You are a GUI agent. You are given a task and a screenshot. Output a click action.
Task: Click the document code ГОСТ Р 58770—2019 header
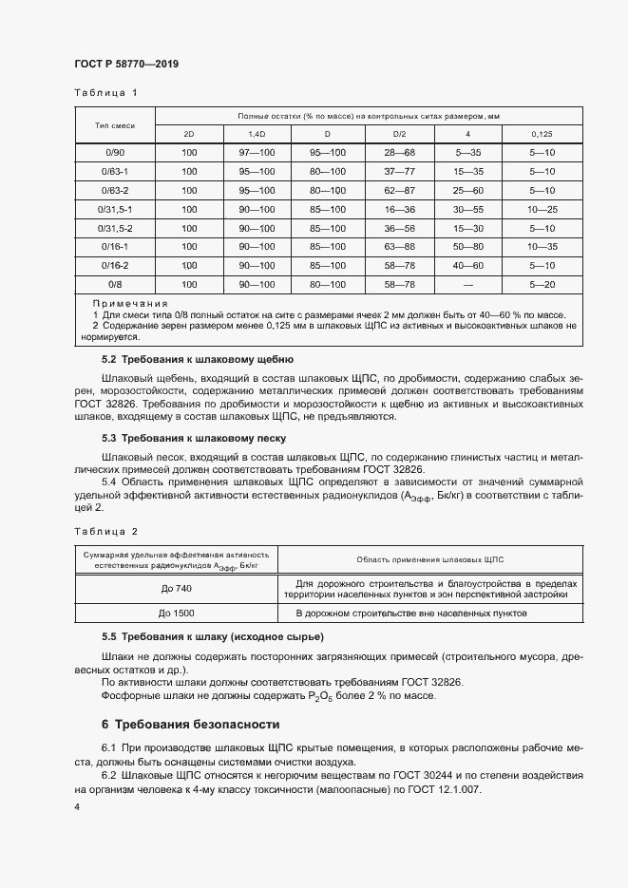(x=126, y=64)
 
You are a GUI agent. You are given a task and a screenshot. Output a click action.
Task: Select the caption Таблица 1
(x=105, y=93)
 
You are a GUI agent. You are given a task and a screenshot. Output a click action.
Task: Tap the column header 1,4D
(x=257, y=134)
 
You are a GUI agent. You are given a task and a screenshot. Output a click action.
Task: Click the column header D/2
(x=399, y=134)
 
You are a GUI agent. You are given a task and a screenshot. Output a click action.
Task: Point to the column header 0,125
(x=542, y=134)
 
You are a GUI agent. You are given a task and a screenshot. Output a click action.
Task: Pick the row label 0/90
(x=114, y=152)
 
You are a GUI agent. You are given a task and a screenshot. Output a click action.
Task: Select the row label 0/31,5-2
(x=114, y=228)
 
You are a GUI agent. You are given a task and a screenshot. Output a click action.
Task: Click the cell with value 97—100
(x=257, y=152)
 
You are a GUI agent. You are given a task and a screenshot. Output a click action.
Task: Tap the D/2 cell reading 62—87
(x=399, y=190)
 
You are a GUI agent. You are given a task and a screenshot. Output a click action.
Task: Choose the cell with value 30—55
(x=468, y=209)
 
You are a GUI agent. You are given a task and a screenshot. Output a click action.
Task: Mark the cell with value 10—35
(x=542, y=247)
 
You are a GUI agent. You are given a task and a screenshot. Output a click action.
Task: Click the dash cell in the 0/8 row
(x=468, y=285)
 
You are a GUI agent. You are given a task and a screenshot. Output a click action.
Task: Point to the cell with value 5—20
(x=542, y=285)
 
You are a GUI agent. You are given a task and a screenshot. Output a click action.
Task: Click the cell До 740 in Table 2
(x=176, y=588)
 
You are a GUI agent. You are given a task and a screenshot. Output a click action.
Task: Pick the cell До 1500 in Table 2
(x=176, y=613)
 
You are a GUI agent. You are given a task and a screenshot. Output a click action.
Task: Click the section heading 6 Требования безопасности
(x=191, y=723)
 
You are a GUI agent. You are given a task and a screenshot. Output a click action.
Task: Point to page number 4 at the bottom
(x=77, y=806)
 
